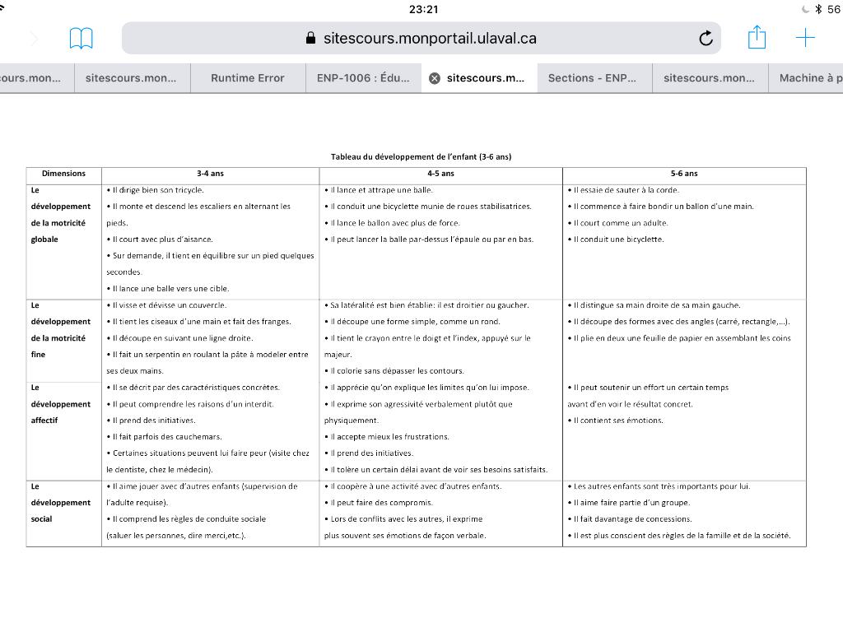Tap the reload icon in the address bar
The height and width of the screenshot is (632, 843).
click(x=706, y=39)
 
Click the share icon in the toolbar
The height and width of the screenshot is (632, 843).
click(x=757, y=38)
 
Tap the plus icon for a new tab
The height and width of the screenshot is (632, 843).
click(x=805, y=38)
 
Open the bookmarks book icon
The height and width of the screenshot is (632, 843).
click(x=81, y=38)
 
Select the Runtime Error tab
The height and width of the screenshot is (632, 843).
click(x=247, y=78)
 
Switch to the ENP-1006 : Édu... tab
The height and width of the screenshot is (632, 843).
click(x=362, y=78)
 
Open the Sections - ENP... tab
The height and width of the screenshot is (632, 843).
click(x=592, y=78)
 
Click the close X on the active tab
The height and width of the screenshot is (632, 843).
click(x=435, y=78)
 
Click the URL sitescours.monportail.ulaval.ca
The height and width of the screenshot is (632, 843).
click(x=430, y=39)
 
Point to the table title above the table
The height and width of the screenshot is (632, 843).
click(x=421, y=156)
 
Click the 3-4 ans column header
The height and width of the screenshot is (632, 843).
click(x=210, y=174)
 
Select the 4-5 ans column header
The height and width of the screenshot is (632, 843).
click(x=440, y=174)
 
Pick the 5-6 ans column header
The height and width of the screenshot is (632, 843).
click(x=684, y=174)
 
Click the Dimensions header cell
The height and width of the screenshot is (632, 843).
click(x=63, y=174)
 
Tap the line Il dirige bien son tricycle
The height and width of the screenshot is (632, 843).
click(x=157, y=190)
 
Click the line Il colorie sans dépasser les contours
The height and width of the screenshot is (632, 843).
click(x=396, y=371)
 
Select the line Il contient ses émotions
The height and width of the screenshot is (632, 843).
click(x=617, y=421)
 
